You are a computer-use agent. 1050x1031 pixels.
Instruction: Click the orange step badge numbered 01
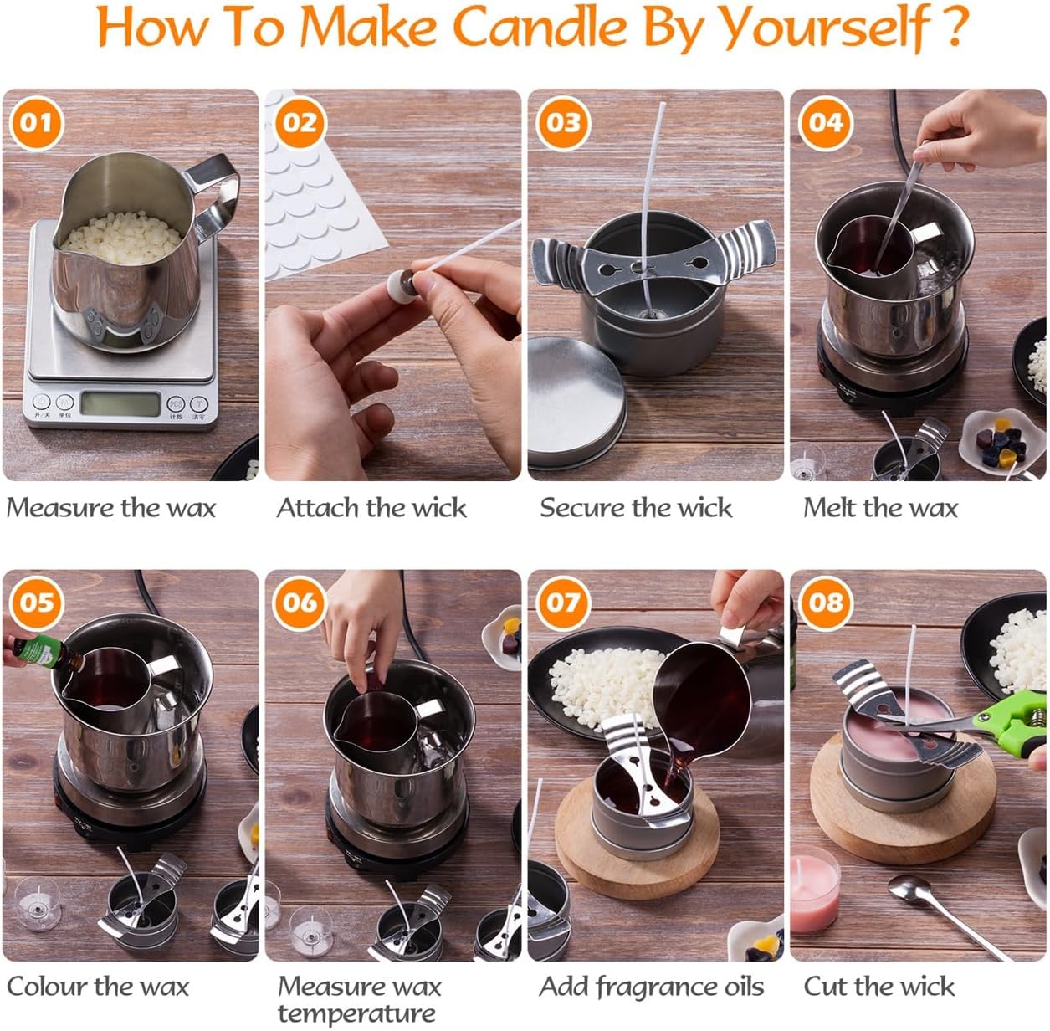pyautogui.click(x=36, y=123)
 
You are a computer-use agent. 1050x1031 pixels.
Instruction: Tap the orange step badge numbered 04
pyautogui.click(x=825, y=123)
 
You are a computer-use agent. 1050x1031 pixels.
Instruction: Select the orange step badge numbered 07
pyautogui.click(x=562, y=603)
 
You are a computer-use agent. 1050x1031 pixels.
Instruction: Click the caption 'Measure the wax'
pyautogui.click(x=110, y=508)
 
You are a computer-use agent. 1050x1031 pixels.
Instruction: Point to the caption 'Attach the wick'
pyautogui.click(x=371, y=508)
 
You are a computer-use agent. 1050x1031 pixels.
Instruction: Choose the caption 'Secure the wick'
pyautogui.click(x=636, y=508)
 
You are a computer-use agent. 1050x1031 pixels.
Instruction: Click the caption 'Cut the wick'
pyautogui.click(x=878, y=987)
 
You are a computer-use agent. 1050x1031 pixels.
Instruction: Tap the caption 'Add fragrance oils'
pyautogui.click(x=651, y=987)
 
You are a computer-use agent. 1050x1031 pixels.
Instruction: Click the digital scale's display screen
pyautogui.click(x=120, y=405)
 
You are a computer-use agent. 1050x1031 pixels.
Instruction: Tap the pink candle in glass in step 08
pyautogui.click(x=814, y=894)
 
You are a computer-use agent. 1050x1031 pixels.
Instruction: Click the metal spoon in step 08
pyautogui.click(x=945, y=912)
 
